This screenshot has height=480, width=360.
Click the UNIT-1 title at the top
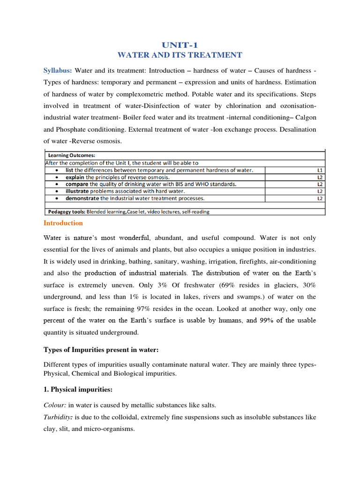[x=180, y=45]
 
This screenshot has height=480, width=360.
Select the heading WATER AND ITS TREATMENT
[x=180, y=55]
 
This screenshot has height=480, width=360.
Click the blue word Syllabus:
[x=58, y=70]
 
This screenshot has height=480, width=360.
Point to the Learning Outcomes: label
[x=69, y=155]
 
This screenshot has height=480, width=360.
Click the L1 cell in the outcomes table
[x=320, y=170]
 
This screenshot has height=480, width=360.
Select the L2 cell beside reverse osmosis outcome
[x=320, y=178]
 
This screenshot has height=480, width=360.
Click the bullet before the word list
[x=57, y=170]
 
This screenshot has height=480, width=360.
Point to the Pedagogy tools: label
[x=65, y=212]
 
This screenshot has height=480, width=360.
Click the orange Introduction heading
[x=63, y=223]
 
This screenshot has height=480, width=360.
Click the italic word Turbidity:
[x=59, y=417]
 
